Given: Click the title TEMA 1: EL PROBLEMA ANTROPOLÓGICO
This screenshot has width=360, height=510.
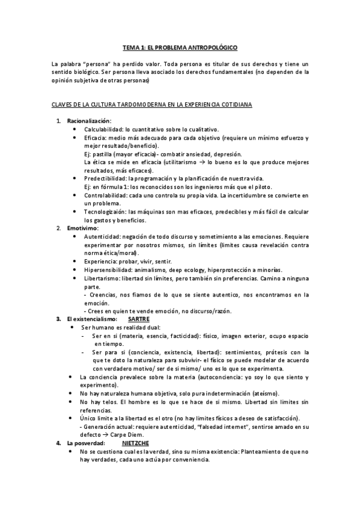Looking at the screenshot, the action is point(180,46).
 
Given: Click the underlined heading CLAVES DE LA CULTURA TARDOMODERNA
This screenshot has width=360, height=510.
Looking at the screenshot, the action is point(151,105).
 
